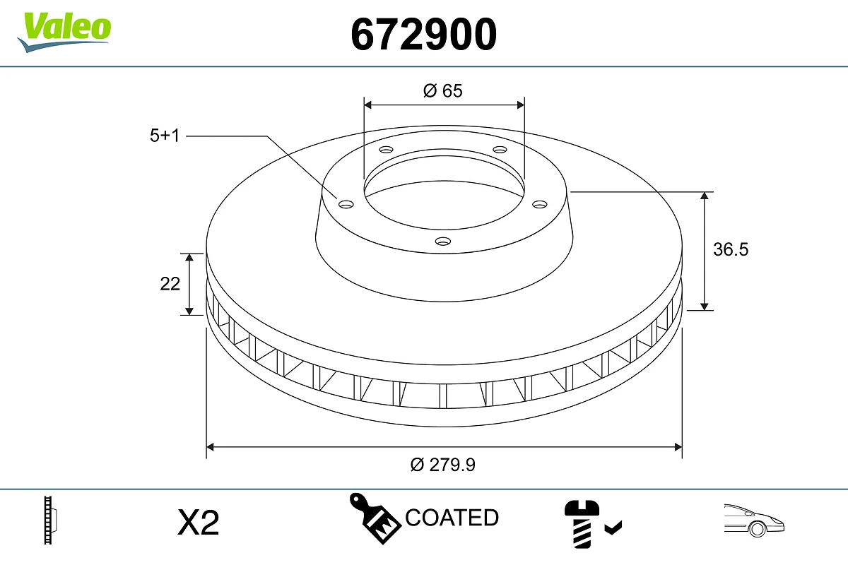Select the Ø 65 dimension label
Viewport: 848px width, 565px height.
(x=443, y=90)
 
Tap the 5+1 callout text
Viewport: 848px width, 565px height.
(x=165, y=136)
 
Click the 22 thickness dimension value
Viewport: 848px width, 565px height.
(x=170, y=284)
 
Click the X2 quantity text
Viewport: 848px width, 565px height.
(x=199, y=523)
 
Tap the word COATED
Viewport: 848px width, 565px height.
(x=452, y=518)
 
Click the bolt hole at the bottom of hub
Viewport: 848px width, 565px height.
(x=443, y=241)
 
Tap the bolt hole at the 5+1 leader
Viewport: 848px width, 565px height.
(x=346, y=204)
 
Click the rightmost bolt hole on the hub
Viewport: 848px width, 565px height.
(x=540, y=204)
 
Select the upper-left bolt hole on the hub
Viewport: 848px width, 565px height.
(x=386, y=150)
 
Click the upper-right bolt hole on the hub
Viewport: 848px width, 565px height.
(x=500, y=150)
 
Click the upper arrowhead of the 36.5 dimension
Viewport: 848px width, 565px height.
(x=705, y=197)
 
